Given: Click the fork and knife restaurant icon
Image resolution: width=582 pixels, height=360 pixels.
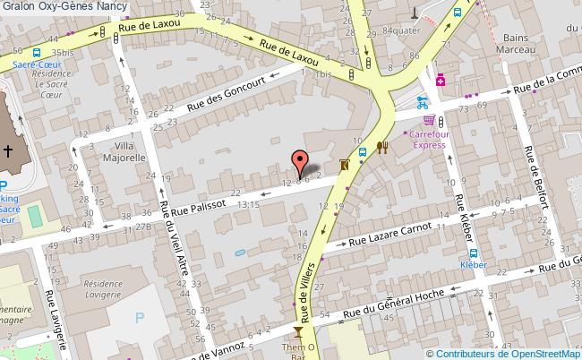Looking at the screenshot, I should pos(382,148).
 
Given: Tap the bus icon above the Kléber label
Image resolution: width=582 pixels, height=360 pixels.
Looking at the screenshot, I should pos(473,253).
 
